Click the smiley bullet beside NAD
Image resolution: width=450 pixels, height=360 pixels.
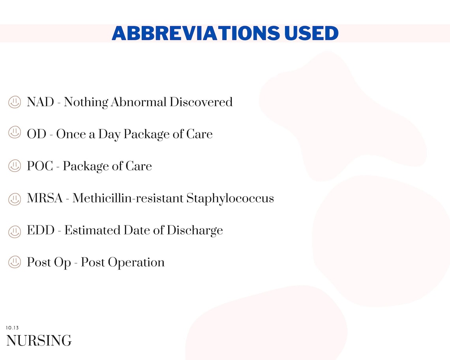tap(15, 102)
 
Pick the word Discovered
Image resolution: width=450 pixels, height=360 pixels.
tap(201, 102)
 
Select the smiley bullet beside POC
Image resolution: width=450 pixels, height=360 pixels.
tap(15, 166)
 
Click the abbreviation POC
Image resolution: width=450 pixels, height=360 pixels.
tap(40, 166)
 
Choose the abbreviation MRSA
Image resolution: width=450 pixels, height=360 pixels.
tap(45, 198)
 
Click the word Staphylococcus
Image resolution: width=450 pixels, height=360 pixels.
tap(230, 198)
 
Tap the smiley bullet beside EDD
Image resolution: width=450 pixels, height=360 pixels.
tap(15, 231)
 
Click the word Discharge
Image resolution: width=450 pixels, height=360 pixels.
tap(195, 231)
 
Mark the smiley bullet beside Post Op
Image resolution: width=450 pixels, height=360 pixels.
tap(15, 262)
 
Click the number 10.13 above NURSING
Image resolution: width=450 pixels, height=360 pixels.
tap(12, 328)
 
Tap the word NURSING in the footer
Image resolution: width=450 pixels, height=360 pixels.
tap(39, 341)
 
